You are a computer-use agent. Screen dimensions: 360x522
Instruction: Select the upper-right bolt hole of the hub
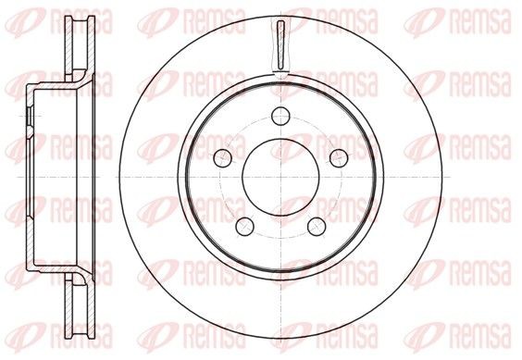339,155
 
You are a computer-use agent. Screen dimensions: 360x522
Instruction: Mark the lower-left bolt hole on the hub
242,226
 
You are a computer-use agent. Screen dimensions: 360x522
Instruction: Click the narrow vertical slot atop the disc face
280,42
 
